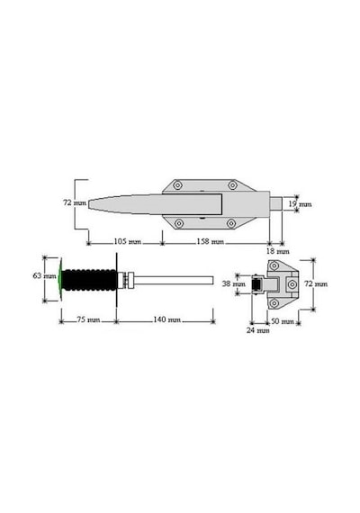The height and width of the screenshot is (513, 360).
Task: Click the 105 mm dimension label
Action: pyautogui.click(x=127, y=242)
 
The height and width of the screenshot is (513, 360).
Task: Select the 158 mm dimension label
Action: pyautogui.click(x=210, y=242)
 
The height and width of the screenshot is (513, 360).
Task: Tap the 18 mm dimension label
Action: pyautogui.click(x=278, y=251)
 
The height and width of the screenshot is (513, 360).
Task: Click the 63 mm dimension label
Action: pyautogui.click(x=44, y=275)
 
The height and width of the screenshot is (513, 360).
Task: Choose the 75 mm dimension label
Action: pyautogui.click(x=88, y=319)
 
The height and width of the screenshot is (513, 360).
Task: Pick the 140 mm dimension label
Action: pyautogui.click(x=166, y=319)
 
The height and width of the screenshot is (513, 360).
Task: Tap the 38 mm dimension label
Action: pyautogui.click(x=234, y=283)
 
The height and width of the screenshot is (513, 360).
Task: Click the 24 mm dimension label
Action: pyautogui.click(x=258, y=330)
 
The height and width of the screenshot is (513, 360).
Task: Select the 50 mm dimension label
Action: pyautogui.click(x=283, y=321)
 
